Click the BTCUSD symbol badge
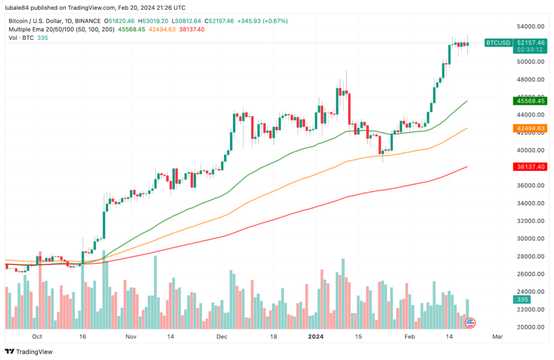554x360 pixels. pos(497,42)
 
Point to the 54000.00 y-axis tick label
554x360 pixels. pos(529,26)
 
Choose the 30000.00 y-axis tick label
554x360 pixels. pos(529,238)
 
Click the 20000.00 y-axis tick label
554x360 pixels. pos(529,327)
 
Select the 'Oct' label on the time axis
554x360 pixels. pos(37,336)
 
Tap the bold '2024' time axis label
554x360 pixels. pos(315,336)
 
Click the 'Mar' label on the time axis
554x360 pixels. pos(498,336)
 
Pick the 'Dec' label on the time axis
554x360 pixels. pos(221,336)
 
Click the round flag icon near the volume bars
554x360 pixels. pos(471,323)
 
